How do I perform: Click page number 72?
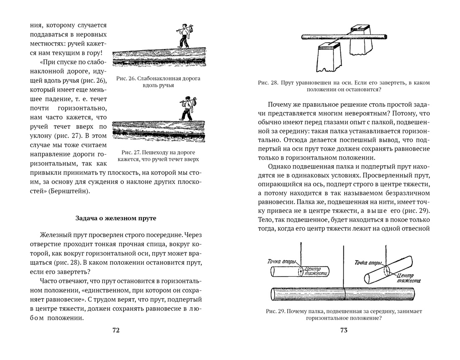pos(116,330)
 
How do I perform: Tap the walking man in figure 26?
pos(183,36)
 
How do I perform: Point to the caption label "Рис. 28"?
pos(268,83)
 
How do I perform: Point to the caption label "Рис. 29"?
pos(275,311)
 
